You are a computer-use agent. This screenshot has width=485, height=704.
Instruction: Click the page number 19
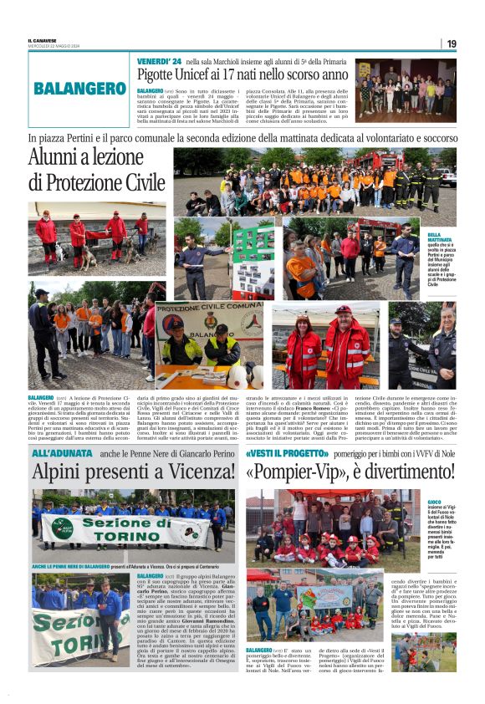coord(451,43)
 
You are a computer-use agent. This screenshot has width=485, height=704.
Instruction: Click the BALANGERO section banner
coord(80,88)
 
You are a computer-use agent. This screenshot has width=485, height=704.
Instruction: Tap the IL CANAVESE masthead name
coord(42,40)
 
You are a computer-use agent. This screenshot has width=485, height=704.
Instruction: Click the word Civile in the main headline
coord(137,182)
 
